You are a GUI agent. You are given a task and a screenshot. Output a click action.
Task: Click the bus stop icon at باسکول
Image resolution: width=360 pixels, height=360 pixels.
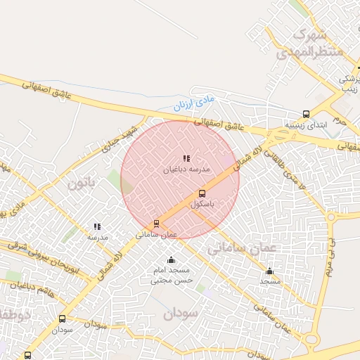[202, 193]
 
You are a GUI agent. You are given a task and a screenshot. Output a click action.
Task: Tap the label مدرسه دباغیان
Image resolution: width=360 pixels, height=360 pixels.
[187, 169]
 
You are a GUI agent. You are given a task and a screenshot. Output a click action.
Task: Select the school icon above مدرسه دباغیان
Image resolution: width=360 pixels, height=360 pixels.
[186, 159]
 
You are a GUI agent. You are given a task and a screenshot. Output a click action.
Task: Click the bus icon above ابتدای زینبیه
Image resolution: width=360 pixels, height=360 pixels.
[306, 114]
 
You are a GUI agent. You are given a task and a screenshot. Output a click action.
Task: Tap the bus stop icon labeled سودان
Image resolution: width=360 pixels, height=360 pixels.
[63, 319]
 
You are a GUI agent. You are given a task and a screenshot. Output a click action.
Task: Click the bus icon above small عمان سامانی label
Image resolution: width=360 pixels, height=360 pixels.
[156, 224]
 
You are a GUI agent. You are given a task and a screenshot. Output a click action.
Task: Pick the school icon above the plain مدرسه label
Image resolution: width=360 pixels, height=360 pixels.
[97, 227]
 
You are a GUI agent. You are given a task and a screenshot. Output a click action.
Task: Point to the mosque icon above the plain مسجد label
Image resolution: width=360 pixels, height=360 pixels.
[269, 271]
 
